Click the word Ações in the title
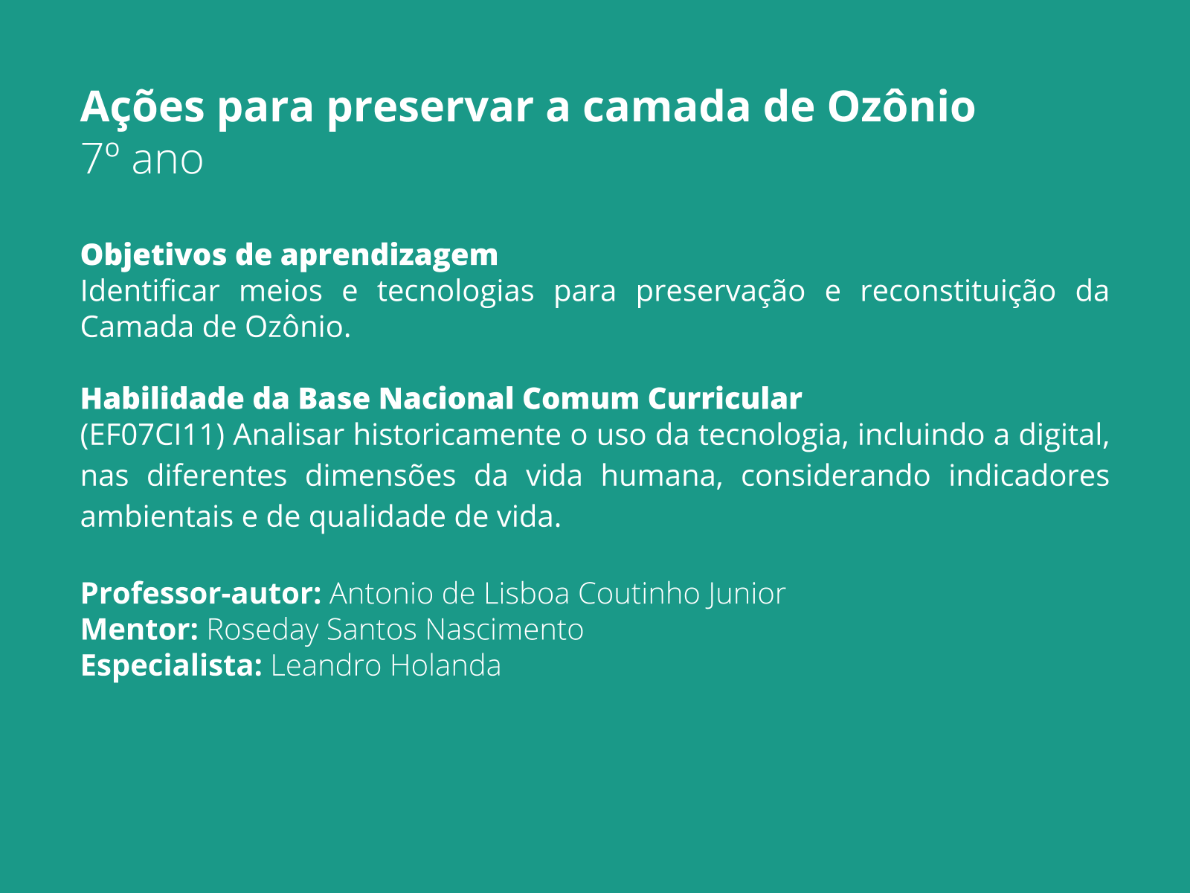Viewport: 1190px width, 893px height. coord(142,106)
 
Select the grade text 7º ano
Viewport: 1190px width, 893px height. coord(141,159)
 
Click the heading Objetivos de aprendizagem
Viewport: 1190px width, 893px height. coord(289,255)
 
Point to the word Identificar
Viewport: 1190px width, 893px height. coord(149,290)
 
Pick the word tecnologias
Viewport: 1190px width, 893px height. coord(455,290)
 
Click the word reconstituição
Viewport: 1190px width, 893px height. coord(958,290)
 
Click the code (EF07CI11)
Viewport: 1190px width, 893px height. coord(152,435)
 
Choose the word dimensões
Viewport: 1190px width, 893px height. coord(380,476)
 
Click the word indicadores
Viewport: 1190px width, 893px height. coord(1029,476)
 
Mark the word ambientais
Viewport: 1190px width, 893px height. coord(157,517)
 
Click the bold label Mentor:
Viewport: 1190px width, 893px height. coord(139,630)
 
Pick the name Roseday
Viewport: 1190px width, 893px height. coord(263,630)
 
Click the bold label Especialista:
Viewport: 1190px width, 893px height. coord(171,665)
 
